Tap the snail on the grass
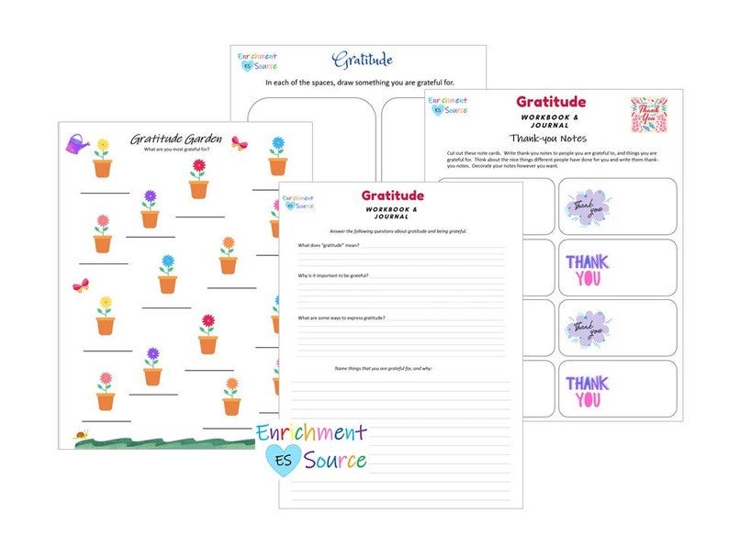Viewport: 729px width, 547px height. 82,435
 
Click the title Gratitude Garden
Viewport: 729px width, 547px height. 175,139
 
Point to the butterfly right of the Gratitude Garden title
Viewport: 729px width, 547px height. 241,143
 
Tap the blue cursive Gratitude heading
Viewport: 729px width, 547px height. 362,61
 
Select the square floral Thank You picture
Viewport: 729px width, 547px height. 649,116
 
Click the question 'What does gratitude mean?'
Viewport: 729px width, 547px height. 328,246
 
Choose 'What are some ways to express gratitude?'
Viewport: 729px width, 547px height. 341,318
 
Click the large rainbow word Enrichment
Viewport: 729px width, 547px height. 312,432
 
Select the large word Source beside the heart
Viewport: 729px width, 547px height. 337,461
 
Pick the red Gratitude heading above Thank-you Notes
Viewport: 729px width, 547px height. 550,102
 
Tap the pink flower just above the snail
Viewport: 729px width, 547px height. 106,380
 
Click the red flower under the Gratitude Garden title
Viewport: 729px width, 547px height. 198,168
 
